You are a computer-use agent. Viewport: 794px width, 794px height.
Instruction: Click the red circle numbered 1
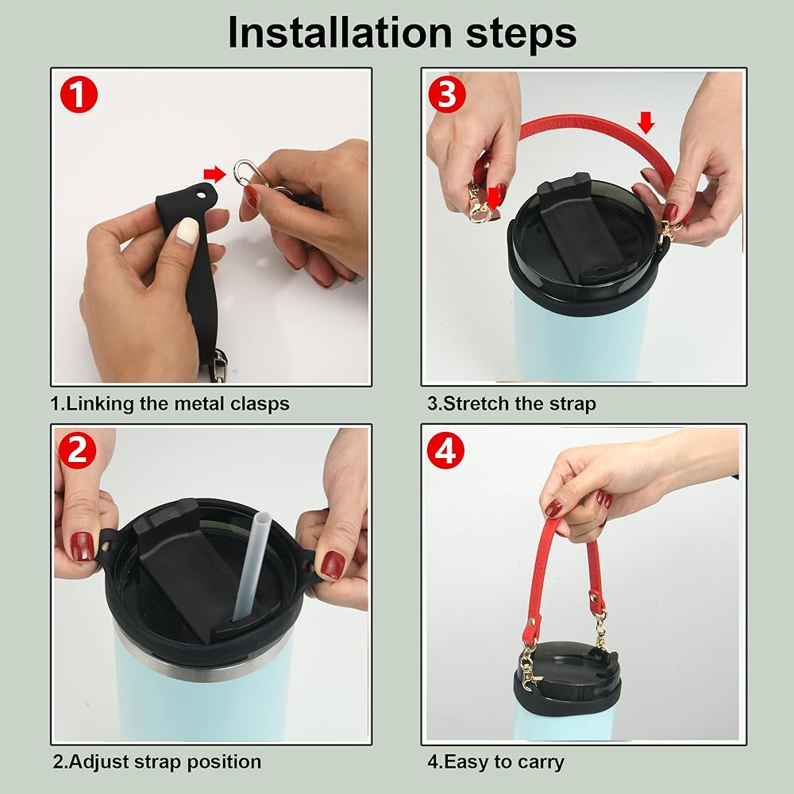coord(79,94)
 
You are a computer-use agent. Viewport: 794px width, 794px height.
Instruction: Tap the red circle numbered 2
coord(77,450)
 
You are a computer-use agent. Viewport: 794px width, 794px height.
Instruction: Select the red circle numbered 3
coord(446,94)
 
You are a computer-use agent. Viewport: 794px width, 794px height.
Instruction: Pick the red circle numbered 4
coord(445,450)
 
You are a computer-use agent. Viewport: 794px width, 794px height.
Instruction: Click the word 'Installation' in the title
coord(340,33)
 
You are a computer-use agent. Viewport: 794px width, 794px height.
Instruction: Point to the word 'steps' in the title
coord(521,34)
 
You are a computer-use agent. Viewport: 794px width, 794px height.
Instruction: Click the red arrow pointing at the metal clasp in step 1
coord(214,174)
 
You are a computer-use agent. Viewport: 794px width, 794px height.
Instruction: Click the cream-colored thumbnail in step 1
coord(187,230)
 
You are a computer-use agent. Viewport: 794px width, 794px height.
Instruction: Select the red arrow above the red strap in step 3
coord(646,122)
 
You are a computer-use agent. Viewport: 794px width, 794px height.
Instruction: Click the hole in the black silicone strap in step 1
coord(202,195)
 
